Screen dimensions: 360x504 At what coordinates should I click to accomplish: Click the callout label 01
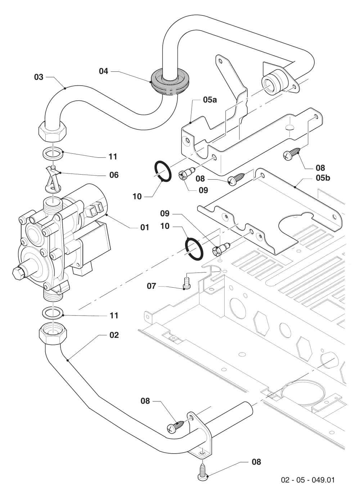tap(145, 227)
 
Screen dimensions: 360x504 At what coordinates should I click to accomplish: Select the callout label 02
tap(114, 335)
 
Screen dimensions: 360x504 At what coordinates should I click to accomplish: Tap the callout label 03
tap(39, 77)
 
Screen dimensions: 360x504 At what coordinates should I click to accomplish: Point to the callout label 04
tap(104, 71)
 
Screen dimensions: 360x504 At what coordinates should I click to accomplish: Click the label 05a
tap(210, 100)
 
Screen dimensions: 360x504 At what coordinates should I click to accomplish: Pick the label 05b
tap(323, 178)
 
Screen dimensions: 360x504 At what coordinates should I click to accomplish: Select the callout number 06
tap(114, 175)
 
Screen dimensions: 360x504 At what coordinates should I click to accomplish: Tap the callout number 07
tap(152, 286)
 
